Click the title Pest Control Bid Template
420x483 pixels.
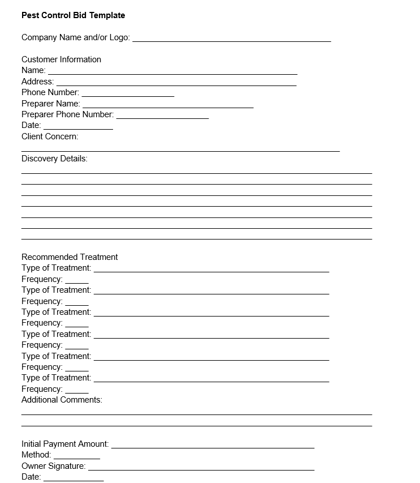73,15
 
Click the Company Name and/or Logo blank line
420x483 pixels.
232,40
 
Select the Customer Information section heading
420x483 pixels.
61,59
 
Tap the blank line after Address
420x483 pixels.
176,84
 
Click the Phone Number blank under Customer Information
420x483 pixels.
128,95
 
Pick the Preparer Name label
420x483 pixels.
51,104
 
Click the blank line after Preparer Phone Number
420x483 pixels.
163,117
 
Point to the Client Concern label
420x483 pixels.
50,136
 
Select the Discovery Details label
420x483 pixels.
54,159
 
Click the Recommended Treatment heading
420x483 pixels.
70,257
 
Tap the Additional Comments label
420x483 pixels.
62,400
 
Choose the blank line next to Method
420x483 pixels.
77,458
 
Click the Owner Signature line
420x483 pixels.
201,468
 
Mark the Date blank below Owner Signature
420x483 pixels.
73,480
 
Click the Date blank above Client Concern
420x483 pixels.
78,128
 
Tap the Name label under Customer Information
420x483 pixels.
33,70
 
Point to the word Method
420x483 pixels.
36,455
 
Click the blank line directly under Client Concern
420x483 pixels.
180,150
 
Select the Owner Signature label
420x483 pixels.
54,466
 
